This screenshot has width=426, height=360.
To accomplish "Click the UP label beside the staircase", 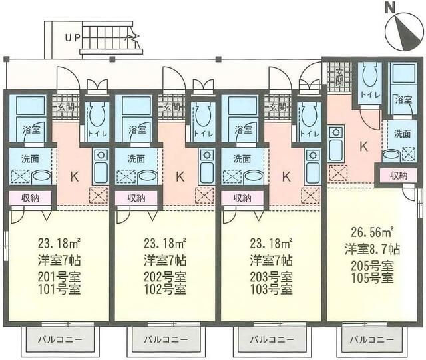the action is point(73,38).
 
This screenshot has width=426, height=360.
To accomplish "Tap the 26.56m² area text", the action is point(373,232).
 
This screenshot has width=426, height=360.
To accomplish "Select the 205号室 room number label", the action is point(373,266).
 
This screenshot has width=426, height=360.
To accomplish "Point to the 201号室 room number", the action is point(59,277).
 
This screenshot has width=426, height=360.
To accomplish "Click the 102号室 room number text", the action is point(165,289).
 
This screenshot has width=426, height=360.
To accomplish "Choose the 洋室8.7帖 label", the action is point(373,249).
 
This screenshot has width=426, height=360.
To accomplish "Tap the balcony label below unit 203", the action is point(272,339).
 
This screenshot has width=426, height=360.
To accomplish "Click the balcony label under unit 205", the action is point(371,339).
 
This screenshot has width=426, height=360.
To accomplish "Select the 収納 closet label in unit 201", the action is point(31,198).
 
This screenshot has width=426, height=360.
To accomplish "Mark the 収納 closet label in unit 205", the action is point(399,176).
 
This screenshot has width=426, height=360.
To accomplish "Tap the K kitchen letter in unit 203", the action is point(286,177).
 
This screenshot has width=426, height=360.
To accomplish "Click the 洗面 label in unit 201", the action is point(30,159).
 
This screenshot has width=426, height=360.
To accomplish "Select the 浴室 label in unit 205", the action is point(403,100).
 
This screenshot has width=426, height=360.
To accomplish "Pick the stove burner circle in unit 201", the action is point(101,155).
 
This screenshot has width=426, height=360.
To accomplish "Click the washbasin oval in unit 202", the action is point(147,178).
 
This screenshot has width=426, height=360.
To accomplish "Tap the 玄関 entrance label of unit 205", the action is point(339,78).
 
